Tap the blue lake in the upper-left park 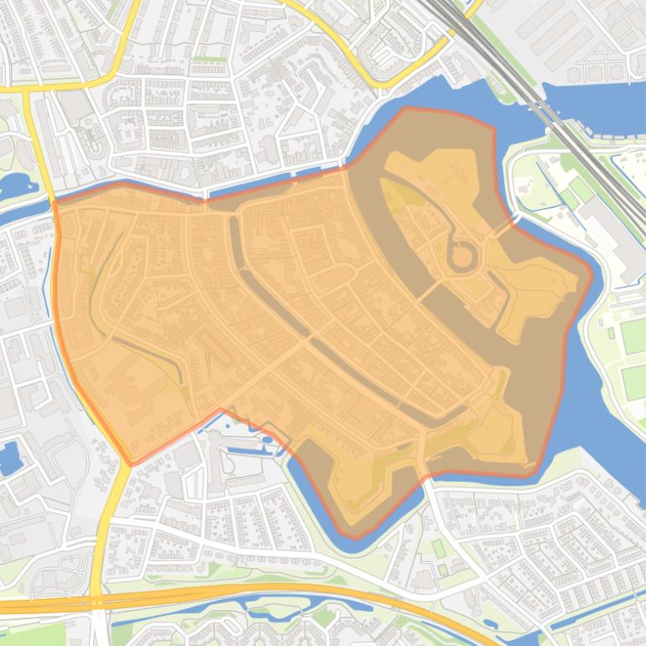coord(15,183)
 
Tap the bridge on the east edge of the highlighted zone coord(512,223)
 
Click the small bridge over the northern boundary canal coord(205,199)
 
